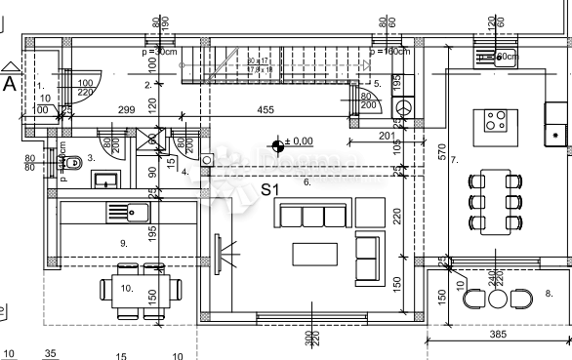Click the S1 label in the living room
click(x=271, y=189)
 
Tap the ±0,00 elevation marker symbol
click(x=279, y=146)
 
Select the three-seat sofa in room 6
click(x=312, y=214)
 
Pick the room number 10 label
click(x=126, y=288)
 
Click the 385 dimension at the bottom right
click(x=499, y=335)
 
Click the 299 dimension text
click(x=126, y=110)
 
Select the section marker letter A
click(x=10, y=83)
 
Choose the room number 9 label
click(x=123, y=242)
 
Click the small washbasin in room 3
click(x=102, y=179)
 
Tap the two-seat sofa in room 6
click(x=368, y=256)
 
